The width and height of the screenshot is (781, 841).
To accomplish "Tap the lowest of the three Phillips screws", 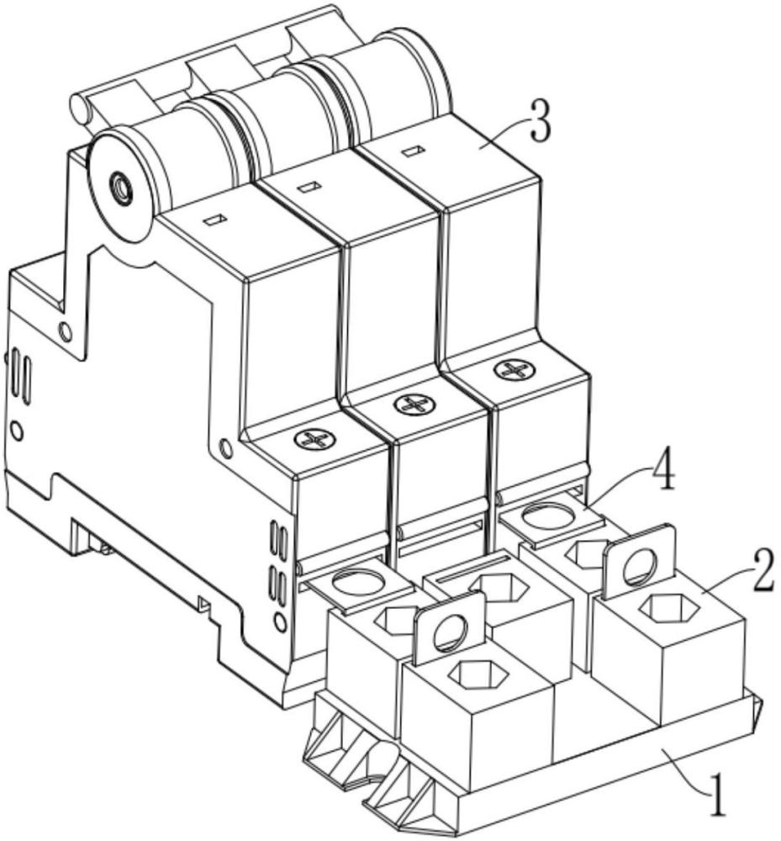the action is (x=314, y=439).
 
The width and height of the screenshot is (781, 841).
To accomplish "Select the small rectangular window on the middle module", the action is (x=309, y=188).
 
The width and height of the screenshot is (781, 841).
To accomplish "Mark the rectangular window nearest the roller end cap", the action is (x=213, y=220).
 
